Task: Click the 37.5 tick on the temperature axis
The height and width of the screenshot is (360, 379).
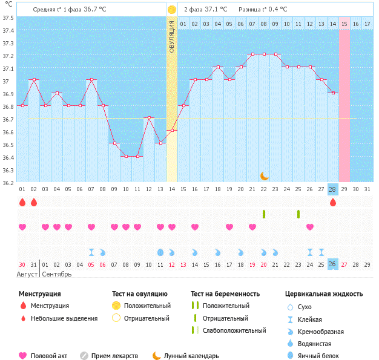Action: click(x=8, y=18)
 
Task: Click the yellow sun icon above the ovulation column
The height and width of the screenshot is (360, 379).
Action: click(x=172, y=10)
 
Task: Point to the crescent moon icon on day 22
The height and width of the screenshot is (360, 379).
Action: click(x=264, y=175)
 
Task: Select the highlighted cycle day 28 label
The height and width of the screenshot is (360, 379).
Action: click(x=332, y=189)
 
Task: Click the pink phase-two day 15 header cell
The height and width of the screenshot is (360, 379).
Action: click(x=344, y=24)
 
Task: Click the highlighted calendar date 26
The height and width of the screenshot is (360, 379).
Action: click(x=332, y=264)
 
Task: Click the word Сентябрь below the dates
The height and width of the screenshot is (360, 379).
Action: click(x=56, y=274)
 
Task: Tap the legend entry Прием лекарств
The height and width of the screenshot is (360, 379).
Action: click(x=114, y=356)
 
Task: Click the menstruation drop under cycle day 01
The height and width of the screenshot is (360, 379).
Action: click(x=22, y=202)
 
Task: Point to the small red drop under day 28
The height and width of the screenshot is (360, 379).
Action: click(x=332, y=203)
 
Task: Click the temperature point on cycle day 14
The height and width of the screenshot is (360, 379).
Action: click(x=172, y=130)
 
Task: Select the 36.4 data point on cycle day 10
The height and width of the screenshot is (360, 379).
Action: click(x=126, y=156)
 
